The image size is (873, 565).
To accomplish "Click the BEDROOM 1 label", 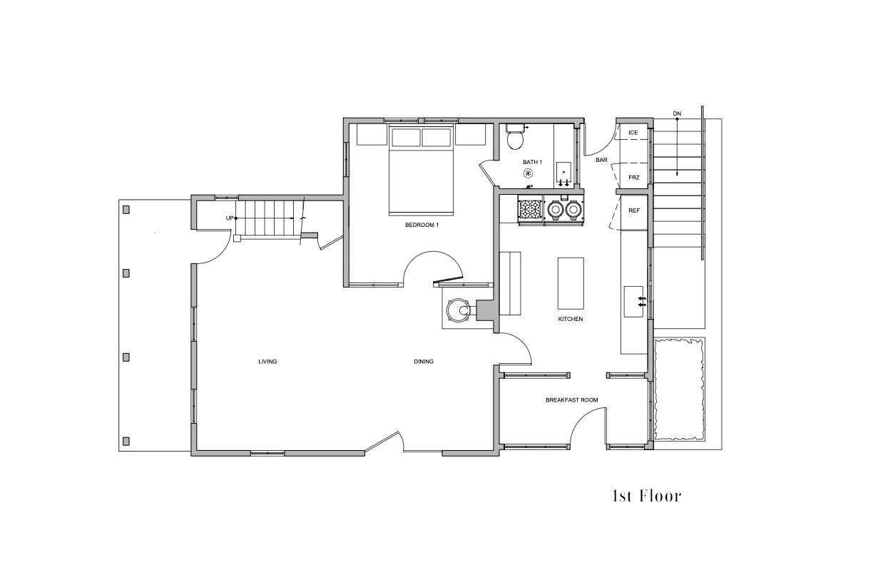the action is coord(422,225).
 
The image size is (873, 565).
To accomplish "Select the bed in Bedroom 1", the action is coord(422,170).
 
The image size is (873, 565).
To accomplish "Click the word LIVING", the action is coord(267,362).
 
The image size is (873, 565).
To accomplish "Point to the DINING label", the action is coord(424,362).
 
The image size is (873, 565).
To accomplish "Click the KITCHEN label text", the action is coord(571,319).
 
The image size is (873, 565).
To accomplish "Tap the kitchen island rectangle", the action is coord(571,283).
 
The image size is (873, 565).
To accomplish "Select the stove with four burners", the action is coord(531,210).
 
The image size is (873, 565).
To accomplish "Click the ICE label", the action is coord(633,133).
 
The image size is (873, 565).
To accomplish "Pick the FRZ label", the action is coord(634,178).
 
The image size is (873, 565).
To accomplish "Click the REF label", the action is coord(634,210).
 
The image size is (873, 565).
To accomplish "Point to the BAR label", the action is coord(601,160).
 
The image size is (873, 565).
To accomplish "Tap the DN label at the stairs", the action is coord(677,113).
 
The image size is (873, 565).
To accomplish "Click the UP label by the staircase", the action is coord(230,218).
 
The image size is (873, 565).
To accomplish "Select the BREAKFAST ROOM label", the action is coord(572,399).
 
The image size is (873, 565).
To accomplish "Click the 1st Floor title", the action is coord(647,497).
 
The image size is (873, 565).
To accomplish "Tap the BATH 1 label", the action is coord(532,162).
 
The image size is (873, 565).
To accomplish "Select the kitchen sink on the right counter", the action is coord(633,302).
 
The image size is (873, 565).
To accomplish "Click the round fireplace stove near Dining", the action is coord(458,310).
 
